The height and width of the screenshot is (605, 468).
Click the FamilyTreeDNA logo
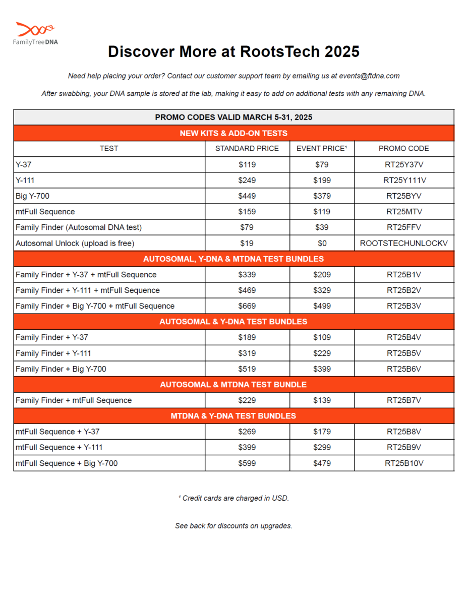35,33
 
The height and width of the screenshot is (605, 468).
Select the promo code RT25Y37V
404,164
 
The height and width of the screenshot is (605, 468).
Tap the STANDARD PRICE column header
247,149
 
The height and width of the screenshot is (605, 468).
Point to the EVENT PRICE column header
322,149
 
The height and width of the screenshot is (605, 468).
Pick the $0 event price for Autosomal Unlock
322,244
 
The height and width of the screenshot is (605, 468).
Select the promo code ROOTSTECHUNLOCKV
404,244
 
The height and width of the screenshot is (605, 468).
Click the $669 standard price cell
247,306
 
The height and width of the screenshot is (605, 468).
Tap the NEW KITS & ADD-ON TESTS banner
233,133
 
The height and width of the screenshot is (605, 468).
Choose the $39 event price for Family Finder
322,227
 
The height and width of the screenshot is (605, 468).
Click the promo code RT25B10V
404,463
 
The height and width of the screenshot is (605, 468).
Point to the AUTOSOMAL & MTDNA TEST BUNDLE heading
233,385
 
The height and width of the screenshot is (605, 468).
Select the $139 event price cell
322,400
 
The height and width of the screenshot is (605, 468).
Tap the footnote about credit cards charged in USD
233,498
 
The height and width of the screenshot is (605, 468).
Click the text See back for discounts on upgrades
233,526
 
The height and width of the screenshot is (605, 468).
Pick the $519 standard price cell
247,369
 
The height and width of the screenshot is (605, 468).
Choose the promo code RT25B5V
404,353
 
